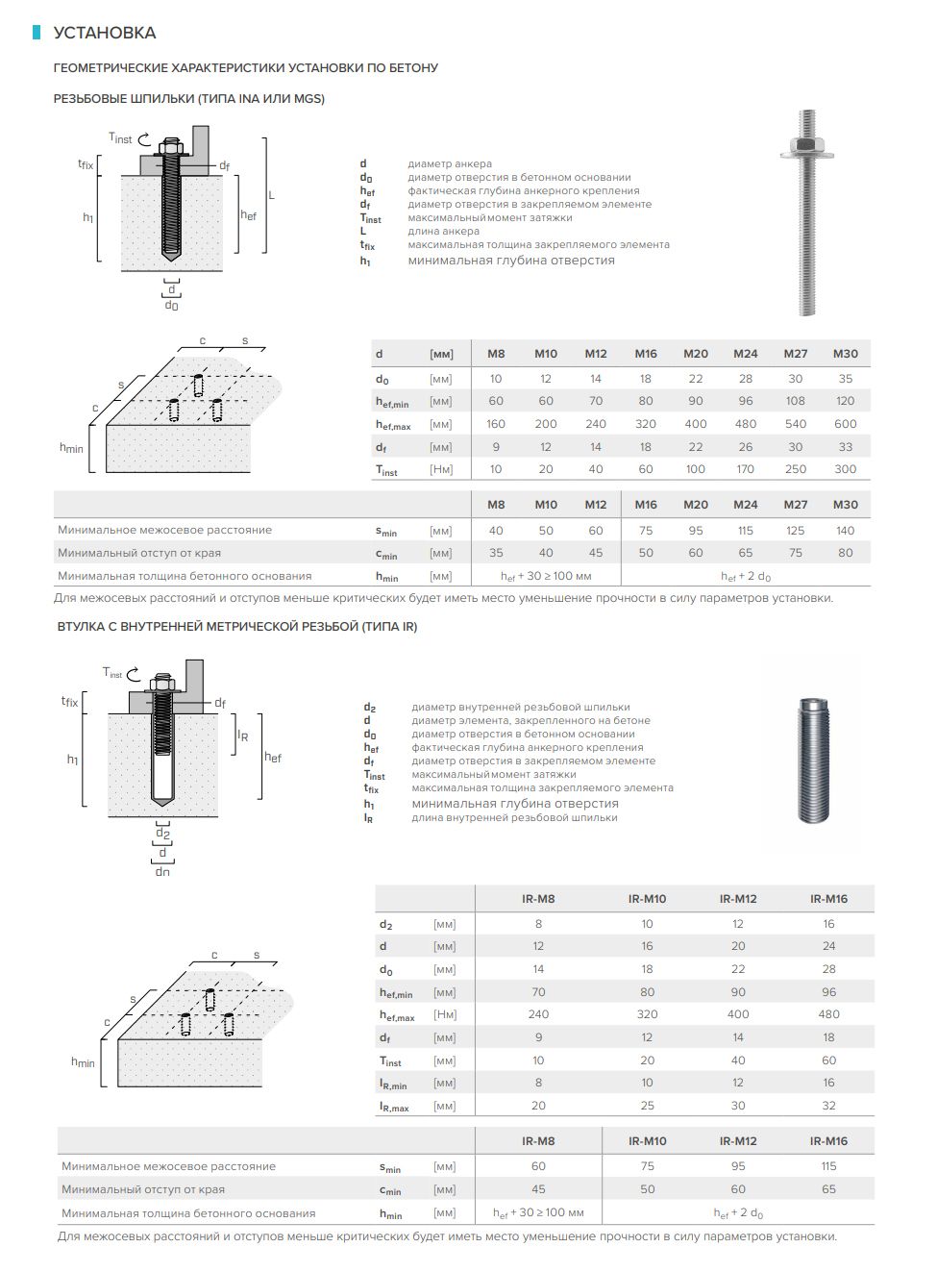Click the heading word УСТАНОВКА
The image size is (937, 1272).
click(x=104, y=33)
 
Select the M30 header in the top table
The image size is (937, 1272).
click(x=845, y=354)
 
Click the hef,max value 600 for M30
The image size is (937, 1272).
click(x=845, y=424)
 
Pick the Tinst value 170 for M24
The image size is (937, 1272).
click(x=746, y=469)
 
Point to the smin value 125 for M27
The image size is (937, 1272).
click(x=795, y=531)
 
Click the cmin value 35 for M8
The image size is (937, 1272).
click(x=496, y=553)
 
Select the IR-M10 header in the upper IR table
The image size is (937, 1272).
click(x=647, y=899)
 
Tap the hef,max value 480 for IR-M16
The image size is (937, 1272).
click(x=828, y=1014)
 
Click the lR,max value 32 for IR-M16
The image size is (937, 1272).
click(x=828, y=1106)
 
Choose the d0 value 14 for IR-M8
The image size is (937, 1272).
click(x=538, y=969)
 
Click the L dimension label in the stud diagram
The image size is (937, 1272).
click(x=271, y=195)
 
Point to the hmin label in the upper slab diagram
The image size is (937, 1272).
click(x=71, y=448)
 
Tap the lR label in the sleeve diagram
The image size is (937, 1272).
click(x=243, y=736)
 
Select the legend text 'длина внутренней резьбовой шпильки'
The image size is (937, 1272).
click(x=514, y=818)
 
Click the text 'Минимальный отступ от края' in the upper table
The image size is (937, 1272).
click(x=139, y=553)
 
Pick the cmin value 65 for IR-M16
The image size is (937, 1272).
click(x=828, y=1189)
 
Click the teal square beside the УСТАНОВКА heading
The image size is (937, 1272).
click(x=37, y=33)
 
